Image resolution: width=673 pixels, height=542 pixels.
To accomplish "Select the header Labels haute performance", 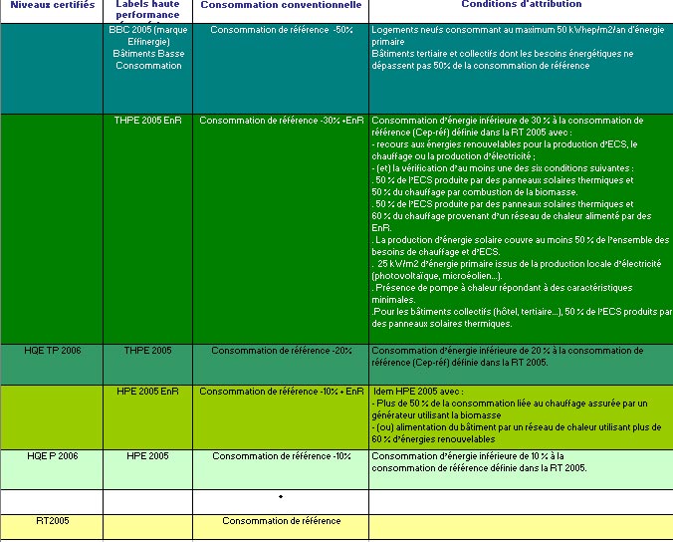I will click(146, 10).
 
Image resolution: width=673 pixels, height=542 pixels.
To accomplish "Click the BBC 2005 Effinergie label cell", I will click(147, 48).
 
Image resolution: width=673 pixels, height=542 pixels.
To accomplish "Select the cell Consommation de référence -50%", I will click(282, 31).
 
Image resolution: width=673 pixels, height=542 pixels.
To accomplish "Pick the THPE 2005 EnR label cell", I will click(147, 121).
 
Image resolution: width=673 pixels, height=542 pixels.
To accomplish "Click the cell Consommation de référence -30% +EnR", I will click(282, 121).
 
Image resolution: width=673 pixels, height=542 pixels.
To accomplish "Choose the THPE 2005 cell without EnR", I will click(147, 351).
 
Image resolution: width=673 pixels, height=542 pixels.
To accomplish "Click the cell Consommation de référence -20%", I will click(282, 351).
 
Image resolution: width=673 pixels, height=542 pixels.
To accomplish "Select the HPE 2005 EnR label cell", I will click(147, 392).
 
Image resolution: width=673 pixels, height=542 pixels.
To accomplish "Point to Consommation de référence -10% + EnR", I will click(282, 392).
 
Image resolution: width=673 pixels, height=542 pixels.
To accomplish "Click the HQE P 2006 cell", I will click(53, 456).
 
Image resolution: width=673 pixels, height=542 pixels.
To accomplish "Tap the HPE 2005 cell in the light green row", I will click(147, 456).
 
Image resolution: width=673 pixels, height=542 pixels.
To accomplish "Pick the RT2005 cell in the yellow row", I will click(52, 521).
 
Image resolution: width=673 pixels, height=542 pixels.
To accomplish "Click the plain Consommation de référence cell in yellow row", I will click(282, 521).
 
